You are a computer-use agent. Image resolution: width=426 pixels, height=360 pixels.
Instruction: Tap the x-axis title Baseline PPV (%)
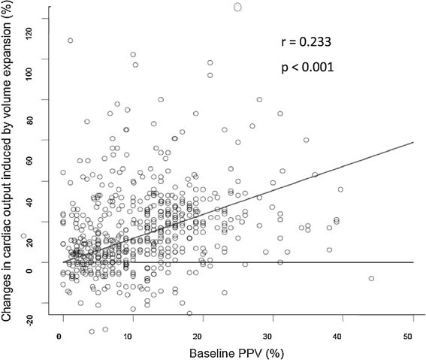pos(237,352)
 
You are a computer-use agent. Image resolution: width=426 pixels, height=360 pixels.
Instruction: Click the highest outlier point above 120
pos(238,7)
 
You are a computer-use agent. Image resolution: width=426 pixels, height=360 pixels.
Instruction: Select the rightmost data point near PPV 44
pos(371,279)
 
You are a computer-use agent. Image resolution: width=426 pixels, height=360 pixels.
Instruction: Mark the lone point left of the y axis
pos(24,236)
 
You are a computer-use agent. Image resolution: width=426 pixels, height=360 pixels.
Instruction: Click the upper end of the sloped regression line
pos(413,141)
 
